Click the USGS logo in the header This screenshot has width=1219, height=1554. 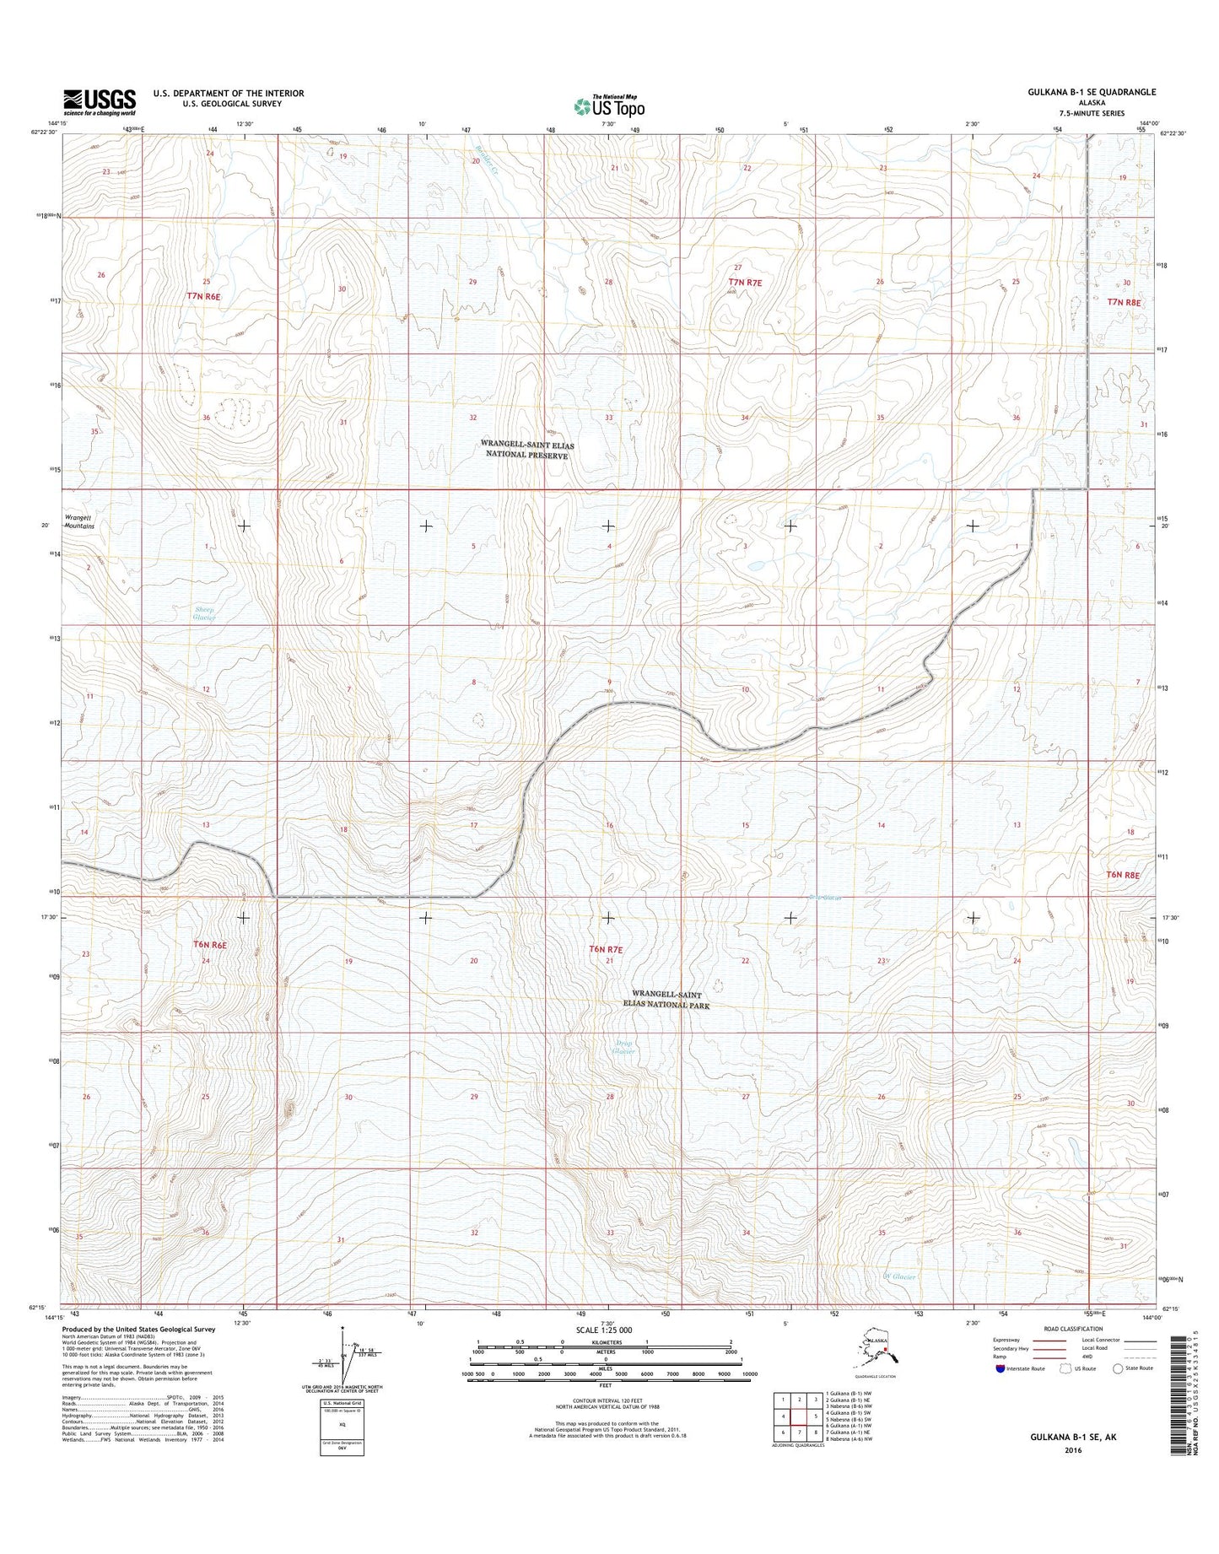(100, 102)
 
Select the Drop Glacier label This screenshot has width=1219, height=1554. (623, 1047)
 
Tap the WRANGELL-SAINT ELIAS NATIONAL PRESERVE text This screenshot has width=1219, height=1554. (525, 448)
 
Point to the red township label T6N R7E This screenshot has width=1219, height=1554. (607, 949)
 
